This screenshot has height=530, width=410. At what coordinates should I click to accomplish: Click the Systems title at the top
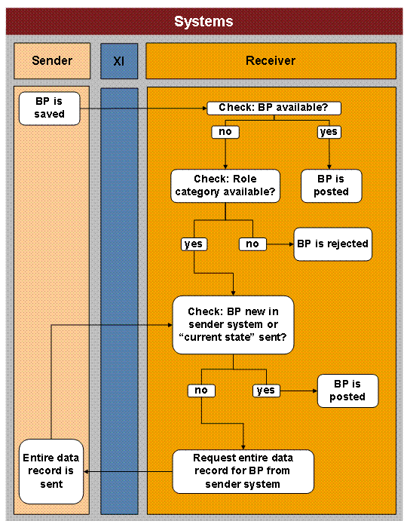coord(203,22)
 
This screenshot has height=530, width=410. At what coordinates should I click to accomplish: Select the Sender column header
coord(52,60)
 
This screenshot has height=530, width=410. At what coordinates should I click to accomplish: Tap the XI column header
coord(119,60)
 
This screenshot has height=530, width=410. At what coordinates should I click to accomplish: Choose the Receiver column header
coord(271,60)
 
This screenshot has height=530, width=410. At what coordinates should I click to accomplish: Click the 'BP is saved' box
coord(50,107)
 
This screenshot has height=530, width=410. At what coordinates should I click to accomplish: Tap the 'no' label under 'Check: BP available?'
coord(225,131)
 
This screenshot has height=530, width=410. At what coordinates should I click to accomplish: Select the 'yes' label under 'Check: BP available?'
coord(329,131)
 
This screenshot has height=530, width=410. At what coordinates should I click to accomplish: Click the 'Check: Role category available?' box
coord(226,185)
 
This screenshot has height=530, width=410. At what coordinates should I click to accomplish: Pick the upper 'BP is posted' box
coord(331,185)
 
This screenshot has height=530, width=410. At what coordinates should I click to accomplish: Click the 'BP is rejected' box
coord(332,244)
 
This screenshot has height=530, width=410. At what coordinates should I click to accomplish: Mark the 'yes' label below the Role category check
coord(194,244)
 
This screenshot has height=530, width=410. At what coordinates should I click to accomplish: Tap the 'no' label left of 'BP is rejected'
coord(252,244)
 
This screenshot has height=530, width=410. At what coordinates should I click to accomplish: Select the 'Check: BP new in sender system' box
coord(232,325)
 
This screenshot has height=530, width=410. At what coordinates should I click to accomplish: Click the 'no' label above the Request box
coord(200,390)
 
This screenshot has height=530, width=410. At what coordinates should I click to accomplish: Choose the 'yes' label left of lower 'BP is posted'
coord(265,390)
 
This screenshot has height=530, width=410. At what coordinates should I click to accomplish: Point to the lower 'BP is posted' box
coord(347,390)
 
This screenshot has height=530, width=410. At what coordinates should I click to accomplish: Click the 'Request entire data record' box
coord(243,471)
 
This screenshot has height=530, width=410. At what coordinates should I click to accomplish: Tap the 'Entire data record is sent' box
coord(50,471)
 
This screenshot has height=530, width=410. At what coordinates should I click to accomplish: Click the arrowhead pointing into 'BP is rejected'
coord(289,244)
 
